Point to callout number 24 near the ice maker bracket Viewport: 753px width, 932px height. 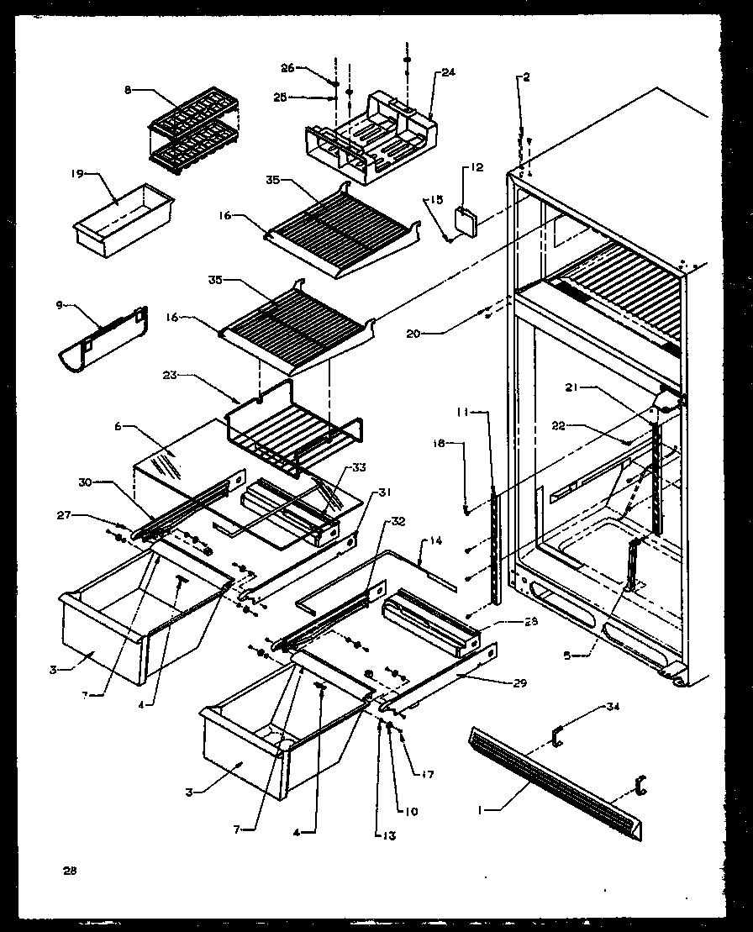(x=447, y=74)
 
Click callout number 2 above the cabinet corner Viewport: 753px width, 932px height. (x=525, y=77)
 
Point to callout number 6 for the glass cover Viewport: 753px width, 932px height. (x=120, y=427)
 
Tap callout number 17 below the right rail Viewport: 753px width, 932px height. (x=429, y=774)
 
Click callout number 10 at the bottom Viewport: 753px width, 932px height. (x=412, y=812)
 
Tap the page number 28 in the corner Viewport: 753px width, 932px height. (x=69, y=871)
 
